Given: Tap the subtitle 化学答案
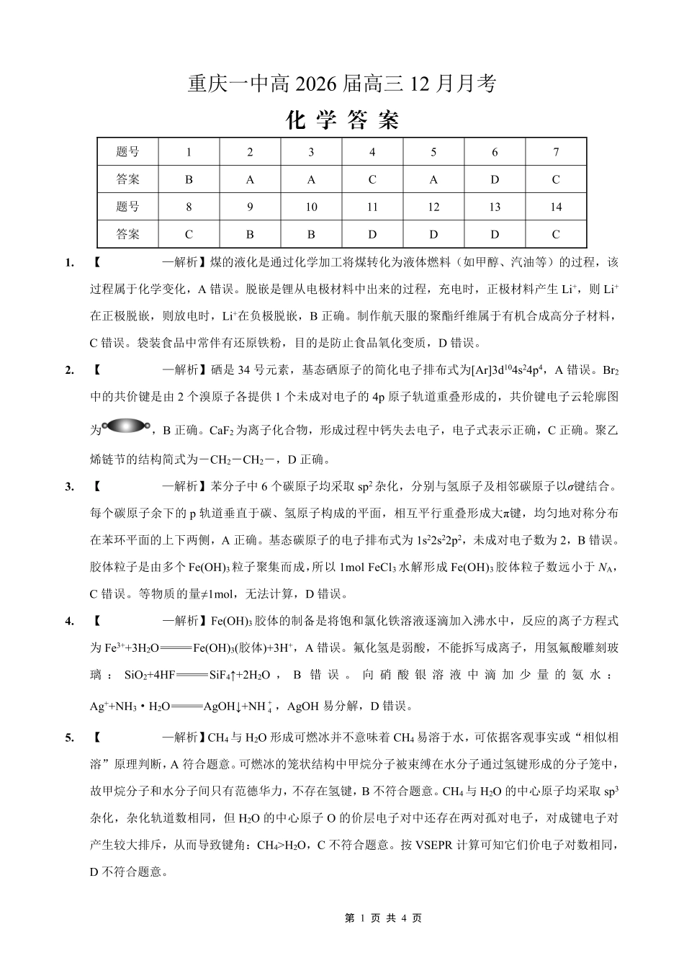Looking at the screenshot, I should click(x=342, y=120).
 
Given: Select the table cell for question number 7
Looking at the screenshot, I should click(x=555, y=152).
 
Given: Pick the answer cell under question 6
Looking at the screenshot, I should click(x=494, y=179).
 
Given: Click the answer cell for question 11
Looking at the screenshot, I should click(x=372, y=234).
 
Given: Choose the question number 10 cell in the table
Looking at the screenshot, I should click(x=311, y=207).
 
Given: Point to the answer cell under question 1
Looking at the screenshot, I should click(x=189, y=179).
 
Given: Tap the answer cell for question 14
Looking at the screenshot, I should click(x=555, y=234).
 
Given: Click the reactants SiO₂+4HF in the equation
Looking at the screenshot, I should click(x=150, y=675).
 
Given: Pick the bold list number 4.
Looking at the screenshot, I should click(x=69, y=621).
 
